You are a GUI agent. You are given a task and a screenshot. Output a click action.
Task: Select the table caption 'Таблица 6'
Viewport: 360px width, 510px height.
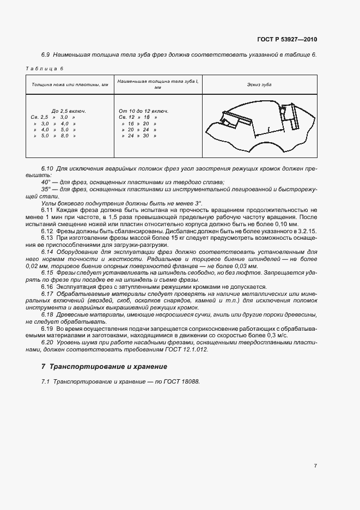click(45, 69)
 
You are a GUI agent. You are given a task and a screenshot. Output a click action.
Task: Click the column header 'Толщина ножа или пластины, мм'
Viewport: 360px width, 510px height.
click(70, 85)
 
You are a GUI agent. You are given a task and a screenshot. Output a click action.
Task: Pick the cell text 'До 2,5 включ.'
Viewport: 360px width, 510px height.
click(69, 111)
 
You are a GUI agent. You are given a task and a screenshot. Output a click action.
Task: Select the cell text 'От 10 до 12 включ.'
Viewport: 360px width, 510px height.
click(143, 111)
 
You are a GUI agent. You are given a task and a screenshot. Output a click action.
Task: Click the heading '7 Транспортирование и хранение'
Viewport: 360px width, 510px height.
click(104, 367)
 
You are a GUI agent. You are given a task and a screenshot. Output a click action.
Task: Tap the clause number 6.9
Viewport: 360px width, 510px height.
click(46, 55)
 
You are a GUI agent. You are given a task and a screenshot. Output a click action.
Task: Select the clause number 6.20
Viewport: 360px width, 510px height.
click(47, 343)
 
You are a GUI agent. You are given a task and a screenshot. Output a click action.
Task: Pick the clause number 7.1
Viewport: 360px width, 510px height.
click(45, 381)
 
